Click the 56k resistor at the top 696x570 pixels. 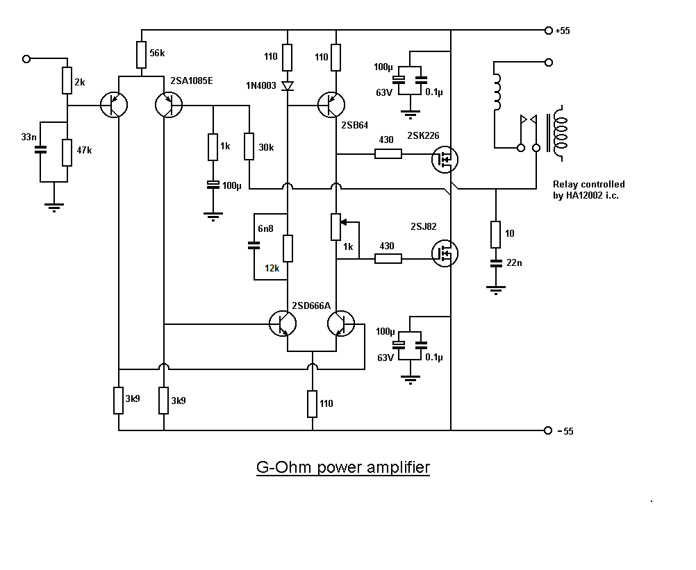(x=141, y=53)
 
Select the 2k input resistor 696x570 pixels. (x=67, y=81)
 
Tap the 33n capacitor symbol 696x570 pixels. (x=40, y=149)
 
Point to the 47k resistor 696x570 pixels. (x=67, y=152)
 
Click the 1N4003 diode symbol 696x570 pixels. (x=288, y=86)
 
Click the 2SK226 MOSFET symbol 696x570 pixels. (x=442, y=159)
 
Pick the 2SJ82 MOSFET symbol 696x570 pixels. (x=442, y=253)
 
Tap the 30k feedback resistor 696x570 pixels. (x=249, y=146)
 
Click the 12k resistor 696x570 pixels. (x=288, y=248)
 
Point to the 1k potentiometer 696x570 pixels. (x=336, y=225)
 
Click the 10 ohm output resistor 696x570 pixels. (x=495, y=235)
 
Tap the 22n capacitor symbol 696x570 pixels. (x=495, y=263)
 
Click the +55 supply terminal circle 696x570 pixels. (x=547, y=31)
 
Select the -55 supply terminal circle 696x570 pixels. (x=547, y=430)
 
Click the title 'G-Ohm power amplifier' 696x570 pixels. (x=343, y=467)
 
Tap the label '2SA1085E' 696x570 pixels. (x=192, y=81)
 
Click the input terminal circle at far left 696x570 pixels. (x=26, y=59)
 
